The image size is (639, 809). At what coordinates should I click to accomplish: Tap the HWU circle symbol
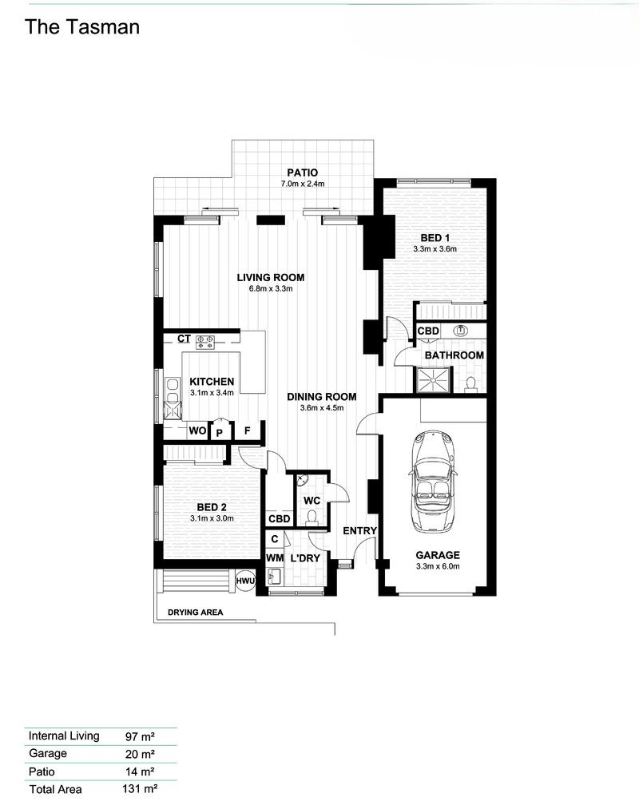(245, 581)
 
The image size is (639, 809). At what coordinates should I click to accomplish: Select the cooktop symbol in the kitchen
(205, 342)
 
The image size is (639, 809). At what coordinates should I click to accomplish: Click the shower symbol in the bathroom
(433, 381)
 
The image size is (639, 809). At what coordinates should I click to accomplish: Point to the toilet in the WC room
(312, 518)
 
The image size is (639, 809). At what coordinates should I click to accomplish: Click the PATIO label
(303, 173)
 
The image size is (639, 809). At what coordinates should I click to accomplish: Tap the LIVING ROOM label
(271, 278)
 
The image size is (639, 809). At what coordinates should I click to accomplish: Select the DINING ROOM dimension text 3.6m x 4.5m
(322, 407)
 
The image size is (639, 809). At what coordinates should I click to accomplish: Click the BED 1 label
(435, 238)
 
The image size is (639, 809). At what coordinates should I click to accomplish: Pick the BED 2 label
(212, 507)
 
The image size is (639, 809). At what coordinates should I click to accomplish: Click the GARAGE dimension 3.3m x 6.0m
(438, 566)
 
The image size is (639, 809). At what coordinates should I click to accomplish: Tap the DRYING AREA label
(196, 613)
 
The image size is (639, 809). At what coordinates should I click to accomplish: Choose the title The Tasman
(82, 27)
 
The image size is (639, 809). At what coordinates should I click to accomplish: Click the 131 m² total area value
(139, 788)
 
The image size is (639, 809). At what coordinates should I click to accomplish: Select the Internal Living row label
(64, 736)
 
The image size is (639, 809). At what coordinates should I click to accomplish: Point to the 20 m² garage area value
(140, 754)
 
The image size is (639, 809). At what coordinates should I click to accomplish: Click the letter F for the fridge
(248, 430)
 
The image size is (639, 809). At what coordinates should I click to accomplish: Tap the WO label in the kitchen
(197, 430)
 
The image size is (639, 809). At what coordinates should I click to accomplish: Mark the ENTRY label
(359, 531)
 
